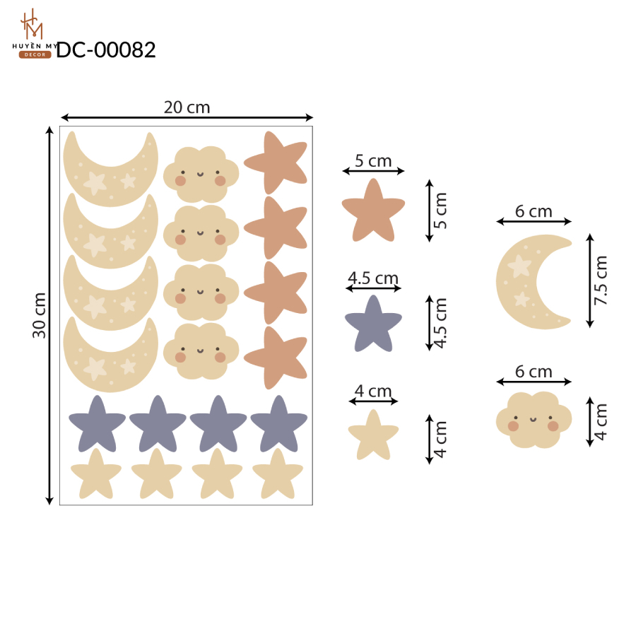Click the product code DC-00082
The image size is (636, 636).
coord(106,50)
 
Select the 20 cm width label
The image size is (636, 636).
coord(187,107)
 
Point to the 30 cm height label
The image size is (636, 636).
coord(40,315)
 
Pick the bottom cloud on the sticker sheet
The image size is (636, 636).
coord(201,351)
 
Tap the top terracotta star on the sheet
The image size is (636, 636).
coord(276,163)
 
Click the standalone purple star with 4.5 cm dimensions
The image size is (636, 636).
coord(373,325)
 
